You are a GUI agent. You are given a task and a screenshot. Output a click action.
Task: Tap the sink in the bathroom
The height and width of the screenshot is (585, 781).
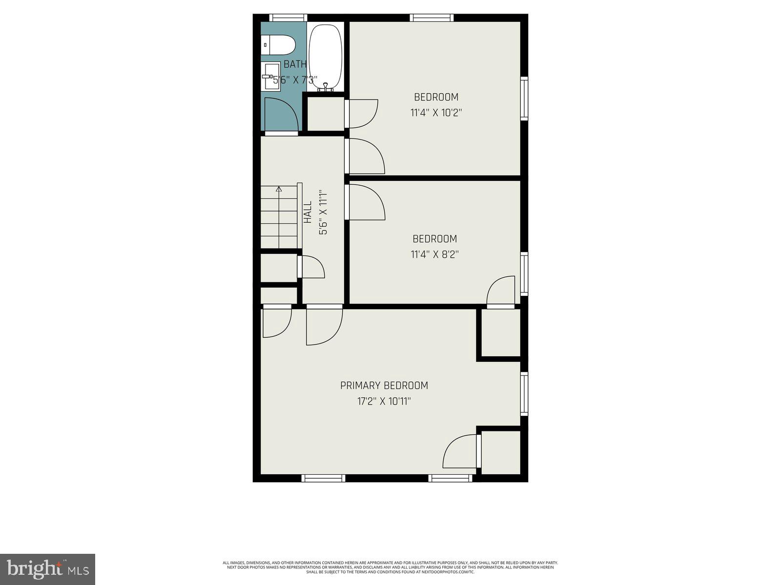270,77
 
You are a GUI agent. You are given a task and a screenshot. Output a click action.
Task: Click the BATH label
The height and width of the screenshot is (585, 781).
295,64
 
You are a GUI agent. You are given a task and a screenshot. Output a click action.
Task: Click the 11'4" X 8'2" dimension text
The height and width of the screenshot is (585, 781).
434,254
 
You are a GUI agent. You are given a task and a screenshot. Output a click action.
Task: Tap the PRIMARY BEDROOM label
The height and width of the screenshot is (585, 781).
384,386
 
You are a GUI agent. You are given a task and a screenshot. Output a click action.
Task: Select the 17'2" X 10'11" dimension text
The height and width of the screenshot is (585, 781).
384,402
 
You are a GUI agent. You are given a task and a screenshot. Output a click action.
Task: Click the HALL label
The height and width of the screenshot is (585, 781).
308,213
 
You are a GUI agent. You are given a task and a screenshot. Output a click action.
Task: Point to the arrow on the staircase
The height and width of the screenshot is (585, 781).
279,190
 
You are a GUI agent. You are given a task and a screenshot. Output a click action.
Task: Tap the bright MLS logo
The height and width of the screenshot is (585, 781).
47,569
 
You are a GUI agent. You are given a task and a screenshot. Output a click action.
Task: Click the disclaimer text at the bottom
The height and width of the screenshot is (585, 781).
390,567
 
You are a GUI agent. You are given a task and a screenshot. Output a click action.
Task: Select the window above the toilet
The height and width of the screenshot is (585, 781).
288,18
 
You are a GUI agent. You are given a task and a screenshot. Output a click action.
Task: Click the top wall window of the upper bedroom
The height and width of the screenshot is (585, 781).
432,18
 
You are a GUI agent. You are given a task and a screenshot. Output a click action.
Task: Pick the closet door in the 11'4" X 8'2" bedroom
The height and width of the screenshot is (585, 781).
502,291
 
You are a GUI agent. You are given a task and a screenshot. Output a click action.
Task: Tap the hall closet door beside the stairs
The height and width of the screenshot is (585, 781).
311,267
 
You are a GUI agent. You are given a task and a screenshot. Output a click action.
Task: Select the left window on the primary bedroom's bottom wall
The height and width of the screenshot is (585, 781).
323,478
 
